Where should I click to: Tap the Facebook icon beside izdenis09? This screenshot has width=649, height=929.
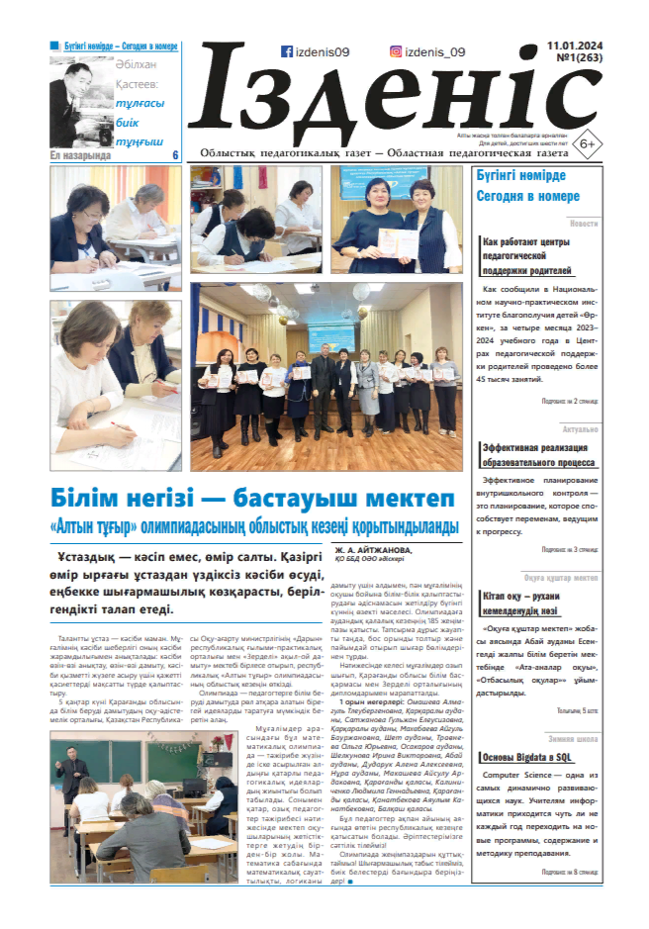point(286,52)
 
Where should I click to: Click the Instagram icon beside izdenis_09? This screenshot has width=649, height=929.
point(396,52)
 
